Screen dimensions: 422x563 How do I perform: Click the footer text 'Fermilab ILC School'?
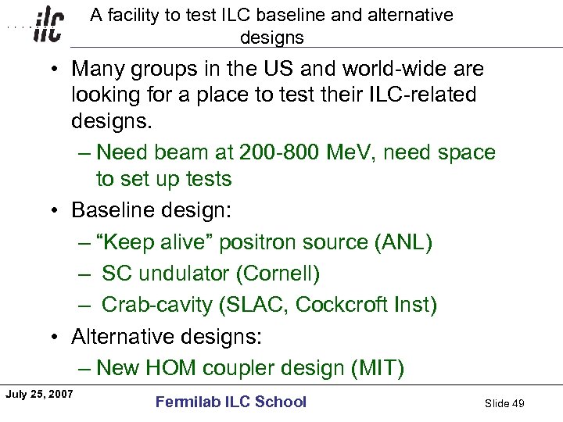231,402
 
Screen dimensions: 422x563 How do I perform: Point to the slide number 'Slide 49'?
504,403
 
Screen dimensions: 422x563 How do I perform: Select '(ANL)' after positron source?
403,242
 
